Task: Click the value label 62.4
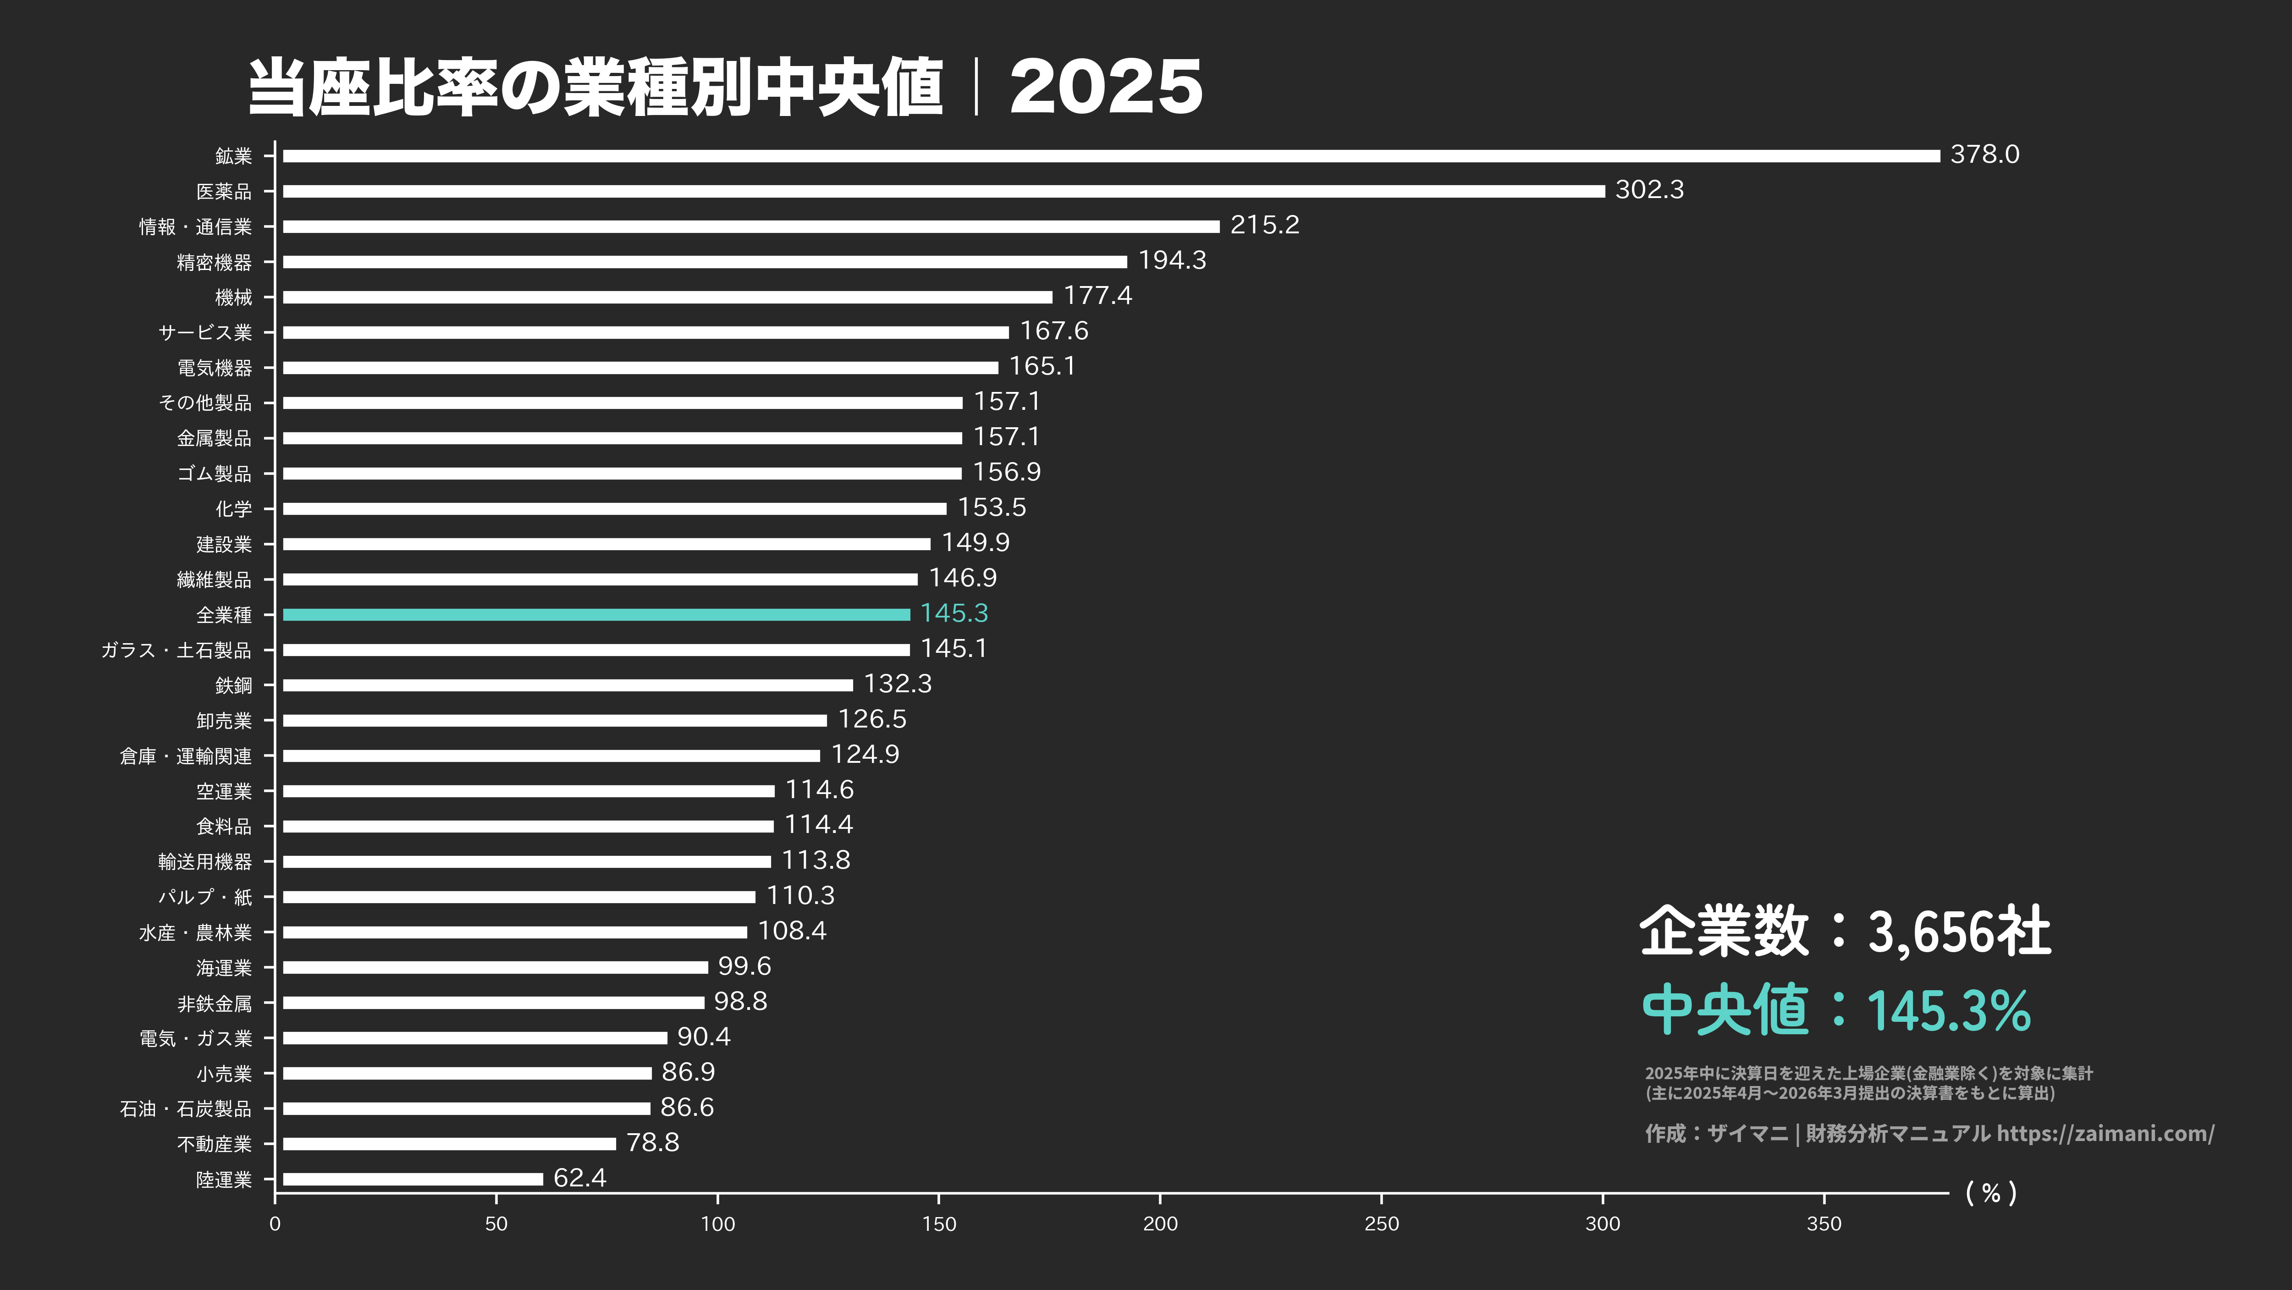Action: pos(579,1178)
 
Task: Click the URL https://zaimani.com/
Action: pos(2104,1133)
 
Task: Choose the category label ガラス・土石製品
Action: pos(176,651)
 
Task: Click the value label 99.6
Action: pos(744,966)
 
